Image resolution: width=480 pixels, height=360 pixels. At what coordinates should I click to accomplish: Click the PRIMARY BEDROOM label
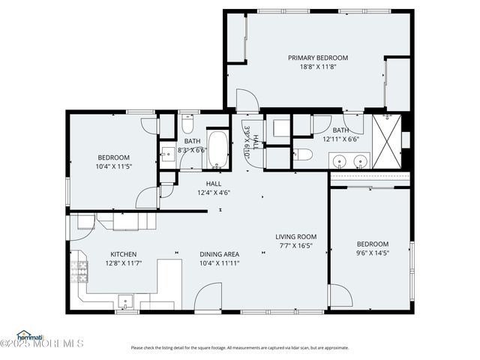point(318,58)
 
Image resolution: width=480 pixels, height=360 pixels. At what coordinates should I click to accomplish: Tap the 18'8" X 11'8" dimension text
point(318,67)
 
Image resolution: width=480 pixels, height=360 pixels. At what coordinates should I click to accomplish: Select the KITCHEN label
point(123,254)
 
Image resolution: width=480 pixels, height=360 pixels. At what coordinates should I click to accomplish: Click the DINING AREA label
point(219,254)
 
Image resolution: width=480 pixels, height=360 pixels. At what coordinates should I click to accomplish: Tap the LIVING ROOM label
point(295,236)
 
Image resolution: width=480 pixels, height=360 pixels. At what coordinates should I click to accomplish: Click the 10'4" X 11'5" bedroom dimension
point(114,166)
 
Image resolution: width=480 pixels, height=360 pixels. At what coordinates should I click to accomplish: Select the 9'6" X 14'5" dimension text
point(372,253)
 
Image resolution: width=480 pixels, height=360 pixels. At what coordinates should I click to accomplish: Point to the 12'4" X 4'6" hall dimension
point(214,192)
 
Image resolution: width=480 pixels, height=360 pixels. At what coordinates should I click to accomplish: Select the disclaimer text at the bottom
point(240,347)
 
